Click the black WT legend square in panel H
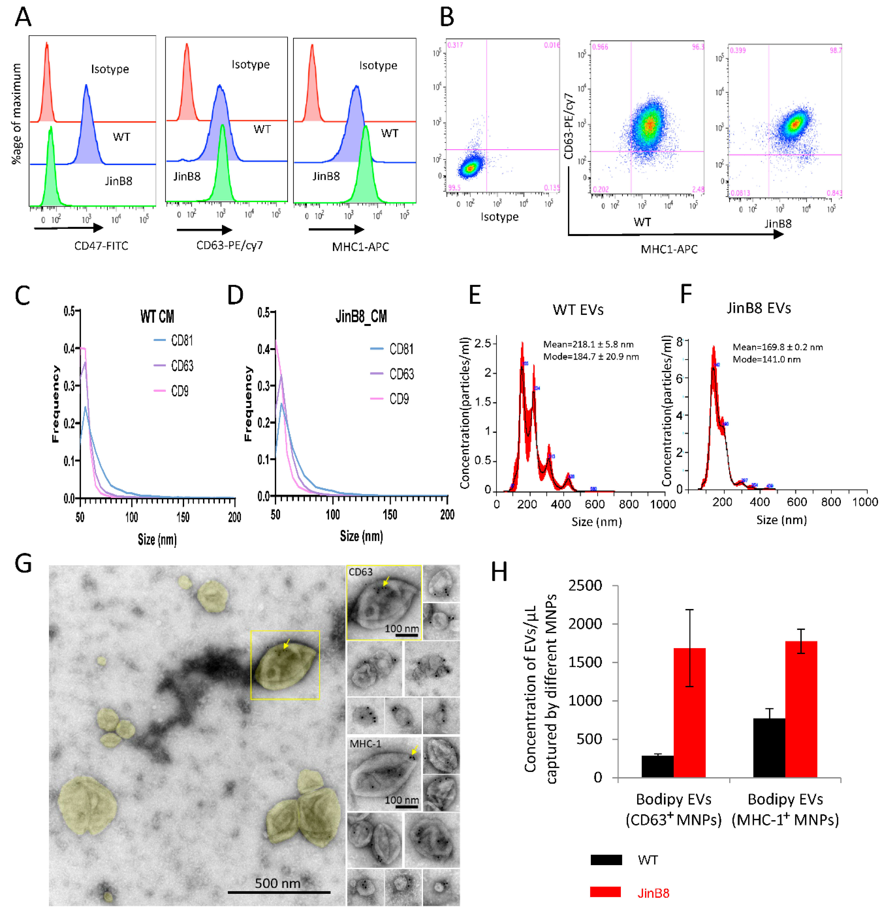(606, 860)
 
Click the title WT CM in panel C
(157, 317)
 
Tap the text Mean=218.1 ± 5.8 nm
(588, 345)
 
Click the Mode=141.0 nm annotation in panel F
(766, 359)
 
